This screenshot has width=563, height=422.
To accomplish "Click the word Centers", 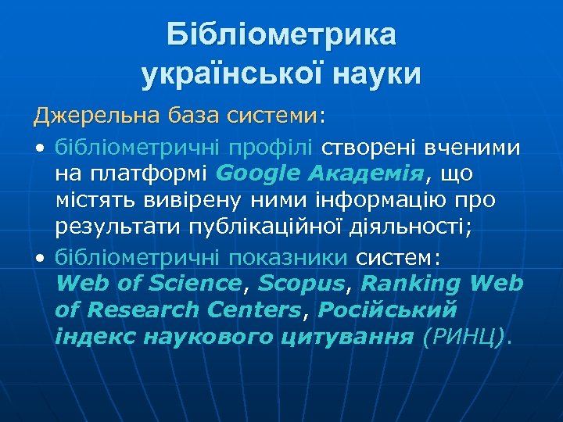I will [253, 309].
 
